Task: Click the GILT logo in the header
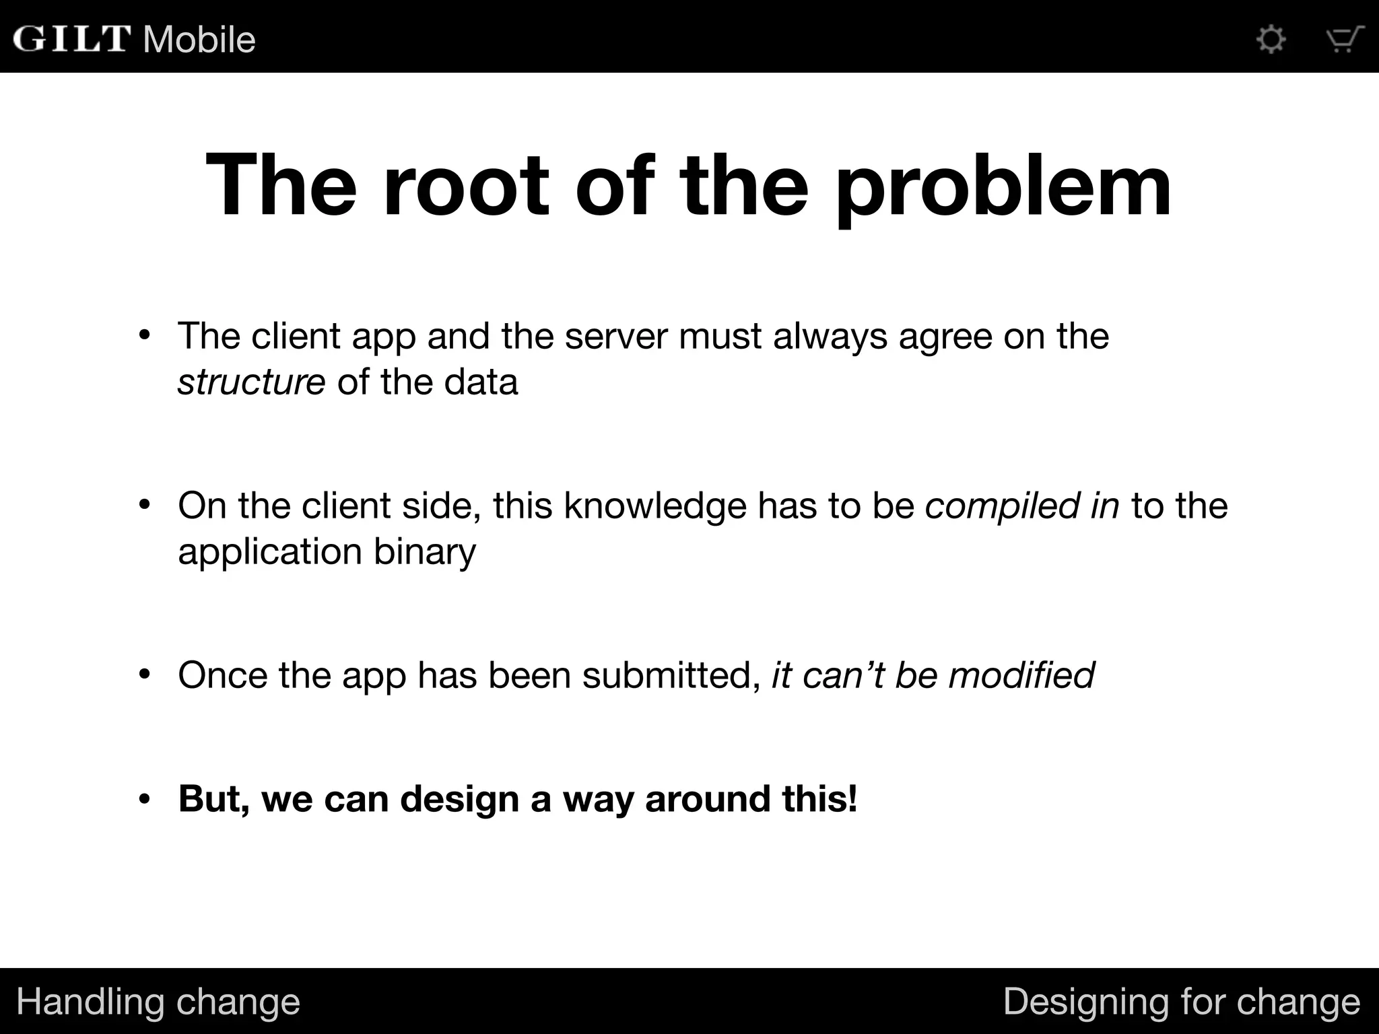71,38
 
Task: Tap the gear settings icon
1271,39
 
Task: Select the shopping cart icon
1345,39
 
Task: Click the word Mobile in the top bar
199,39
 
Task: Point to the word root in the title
466,184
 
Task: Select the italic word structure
251,382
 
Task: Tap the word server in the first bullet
615,336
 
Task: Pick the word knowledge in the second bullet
654,506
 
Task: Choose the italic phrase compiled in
1021,507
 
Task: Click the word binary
424,552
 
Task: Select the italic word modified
1021,675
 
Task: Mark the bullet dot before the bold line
144,800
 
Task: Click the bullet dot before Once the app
144,675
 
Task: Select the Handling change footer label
158,1002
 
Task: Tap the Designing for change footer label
1181,1002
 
